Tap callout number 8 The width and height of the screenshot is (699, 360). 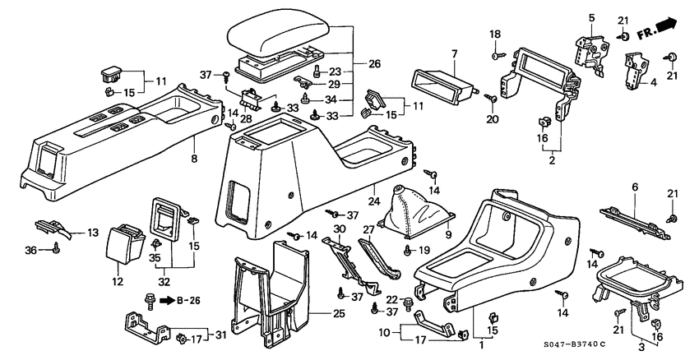point(195,159)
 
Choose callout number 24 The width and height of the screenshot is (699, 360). point(373,200)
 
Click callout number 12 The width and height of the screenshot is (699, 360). point(118,282)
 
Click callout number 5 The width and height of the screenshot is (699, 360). point(590,16)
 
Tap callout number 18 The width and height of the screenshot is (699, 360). point(495,35)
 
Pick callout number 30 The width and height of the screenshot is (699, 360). point(338,228)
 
